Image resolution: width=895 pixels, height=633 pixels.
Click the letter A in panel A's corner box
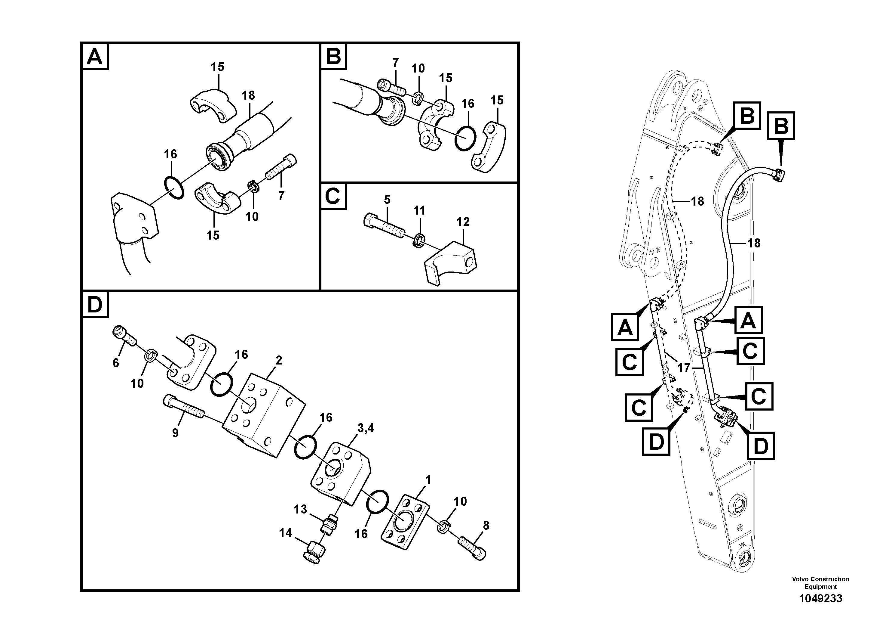tap(95, 57)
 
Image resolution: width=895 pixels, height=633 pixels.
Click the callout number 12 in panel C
tap(463, 222)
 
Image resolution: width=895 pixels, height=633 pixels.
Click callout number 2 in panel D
tap(279, 360)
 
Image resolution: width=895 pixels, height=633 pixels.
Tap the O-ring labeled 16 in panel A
tap(173, 188)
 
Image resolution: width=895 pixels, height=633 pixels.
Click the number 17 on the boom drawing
tap(684, 368)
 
